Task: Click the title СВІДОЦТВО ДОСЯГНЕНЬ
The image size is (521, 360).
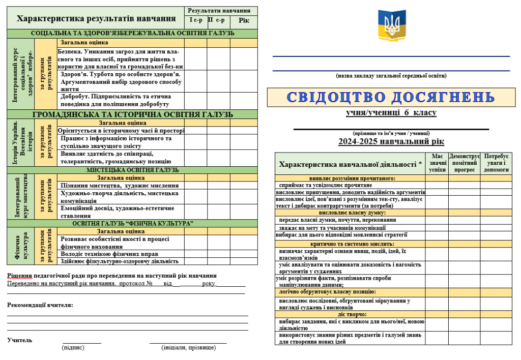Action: click(x=390, y=97)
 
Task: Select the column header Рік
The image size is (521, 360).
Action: click(x=244, y=20)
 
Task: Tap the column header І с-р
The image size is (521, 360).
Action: click(x=195, y=20)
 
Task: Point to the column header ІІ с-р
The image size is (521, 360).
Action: click(x=218, y=20)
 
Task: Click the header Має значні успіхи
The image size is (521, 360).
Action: click(x=437, y=163)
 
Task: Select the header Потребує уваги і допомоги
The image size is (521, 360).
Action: click(x=496, y=163)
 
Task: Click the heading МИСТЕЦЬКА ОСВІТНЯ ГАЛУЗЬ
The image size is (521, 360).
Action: click(x=132, y=170)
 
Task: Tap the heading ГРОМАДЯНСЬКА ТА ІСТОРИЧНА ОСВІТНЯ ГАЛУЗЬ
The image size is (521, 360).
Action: click(x=132, y=114)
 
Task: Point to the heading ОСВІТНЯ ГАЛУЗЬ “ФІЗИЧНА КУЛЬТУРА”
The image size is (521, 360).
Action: click(x=132, y=224)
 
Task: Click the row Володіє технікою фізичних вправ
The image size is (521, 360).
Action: click(x=109, y=254)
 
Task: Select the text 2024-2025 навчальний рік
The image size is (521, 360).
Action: click(x=391, y=142)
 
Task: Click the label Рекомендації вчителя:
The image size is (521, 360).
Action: click(x=40, y=305)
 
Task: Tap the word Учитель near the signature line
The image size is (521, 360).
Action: click(x=20, y=340)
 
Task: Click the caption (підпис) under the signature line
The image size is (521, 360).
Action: click(x=73, y=348)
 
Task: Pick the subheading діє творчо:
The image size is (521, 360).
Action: click(x=350, y=314)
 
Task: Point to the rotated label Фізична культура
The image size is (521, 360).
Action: click(x=20, y=246)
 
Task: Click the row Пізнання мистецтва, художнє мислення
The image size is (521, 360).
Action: click(x=120, y=186)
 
